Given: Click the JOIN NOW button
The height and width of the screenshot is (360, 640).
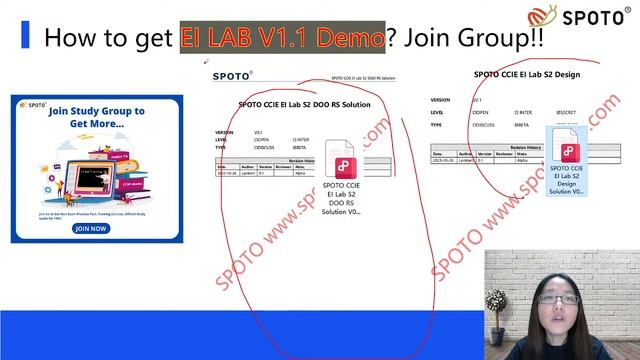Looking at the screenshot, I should [x=90, y=228].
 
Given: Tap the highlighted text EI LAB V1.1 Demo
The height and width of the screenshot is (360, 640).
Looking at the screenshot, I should [x=282, y=38].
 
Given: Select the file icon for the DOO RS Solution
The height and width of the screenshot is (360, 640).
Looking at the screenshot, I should [x=342, y=160].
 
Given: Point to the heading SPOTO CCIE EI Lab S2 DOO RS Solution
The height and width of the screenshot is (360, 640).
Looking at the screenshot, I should [x=305, y=103].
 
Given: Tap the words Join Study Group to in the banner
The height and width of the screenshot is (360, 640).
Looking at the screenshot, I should [x=96, y=111].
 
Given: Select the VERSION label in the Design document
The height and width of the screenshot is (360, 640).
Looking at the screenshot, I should [x=440, y=100].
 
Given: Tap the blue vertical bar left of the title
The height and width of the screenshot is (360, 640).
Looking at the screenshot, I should [x=25, y=38].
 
